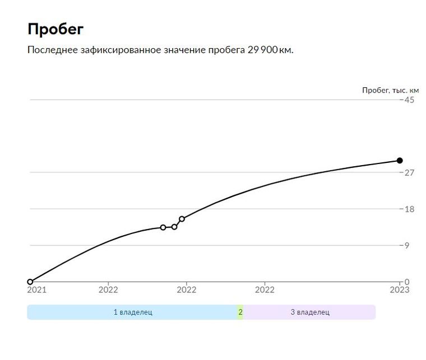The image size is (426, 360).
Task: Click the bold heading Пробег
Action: [x=55, y=29]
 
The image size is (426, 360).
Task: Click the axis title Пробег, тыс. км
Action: [x=390, y=90]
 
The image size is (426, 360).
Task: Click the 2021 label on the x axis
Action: [x=37, y=290]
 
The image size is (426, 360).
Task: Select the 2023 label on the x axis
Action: [x=400, y=290]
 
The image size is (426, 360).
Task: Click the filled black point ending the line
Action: [x=400, y=161]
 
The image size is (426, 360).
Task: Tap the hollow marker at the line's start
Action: [x=30, y=282]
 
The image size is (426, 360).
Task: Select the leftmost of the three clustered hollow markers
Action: [x=163, y=227]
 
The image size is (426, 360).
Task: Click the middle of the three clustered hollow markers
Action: [x=174, y=227]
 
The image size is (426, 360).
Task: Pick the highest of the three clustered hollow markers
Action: [x=182, y=219]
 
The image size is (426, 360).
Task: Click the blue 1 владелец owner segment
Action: [x=132, y=312]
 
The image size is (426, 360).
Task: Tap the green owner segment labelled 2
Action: [x=240, y=312]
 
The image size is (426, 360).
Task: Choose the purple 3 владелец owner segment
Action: [x=309, y=312]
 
